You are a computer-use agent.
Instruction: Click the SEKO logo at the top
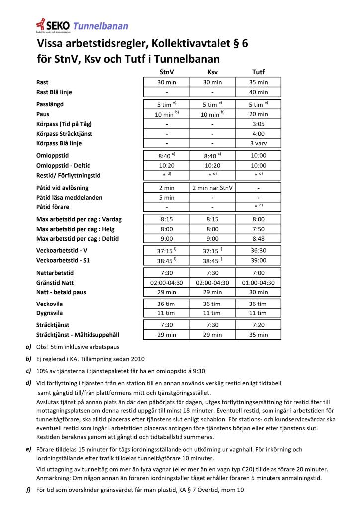53,25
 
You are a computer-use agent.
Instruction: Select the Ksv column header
212,72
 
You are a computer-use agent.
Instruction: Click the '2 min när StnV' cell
212,188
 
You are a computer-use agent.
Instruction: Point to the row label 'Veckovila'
50,304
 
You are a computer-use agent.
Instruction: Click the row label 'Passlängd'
50,104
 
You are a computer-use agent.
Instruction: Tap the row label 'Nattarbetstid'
55,273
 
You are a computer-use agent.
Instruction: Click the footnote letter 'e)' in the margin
28,450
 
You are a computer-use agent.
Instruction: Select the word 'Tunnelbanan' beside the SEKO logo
100,26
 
